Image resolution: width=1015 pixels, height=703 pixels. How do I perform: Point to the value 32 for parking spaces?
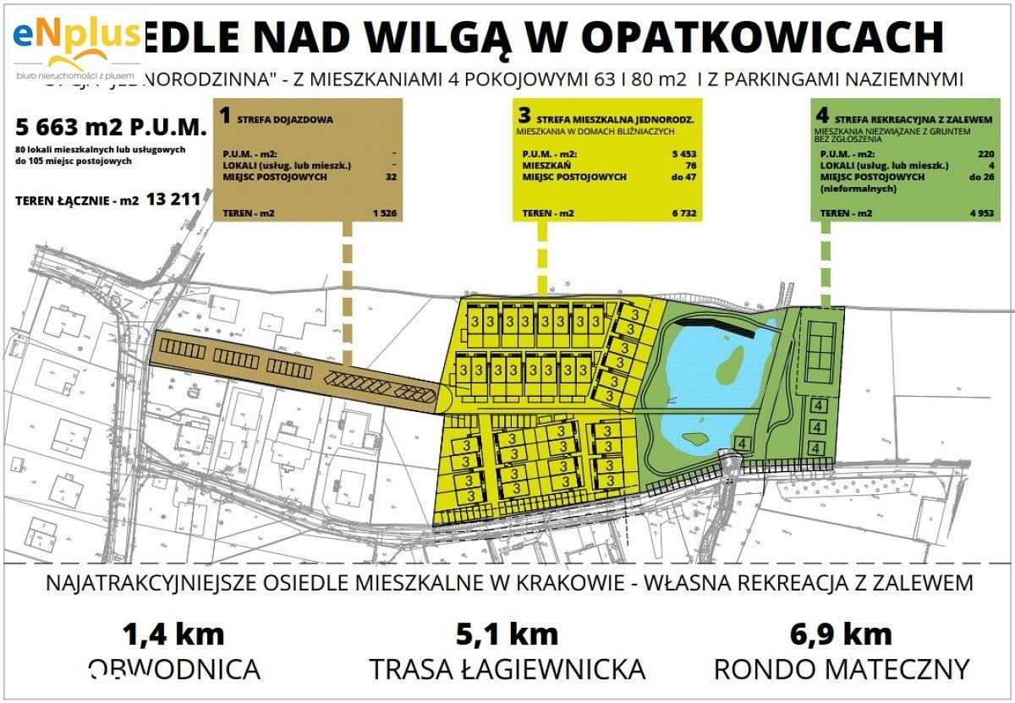390,177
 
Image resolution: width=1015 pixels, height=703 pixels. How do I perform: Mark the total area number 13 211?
173,200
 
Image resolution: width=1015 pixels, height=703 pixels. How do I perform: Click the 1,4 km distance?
173,633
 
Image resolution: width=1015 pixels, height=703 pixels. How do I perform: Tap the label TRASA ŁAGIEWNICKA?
507,669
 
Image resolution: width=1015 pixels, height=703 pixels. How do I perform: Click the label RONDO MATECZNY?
842,669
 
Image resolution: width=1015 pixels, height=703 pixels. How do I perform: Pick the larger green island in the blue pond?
728,361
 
